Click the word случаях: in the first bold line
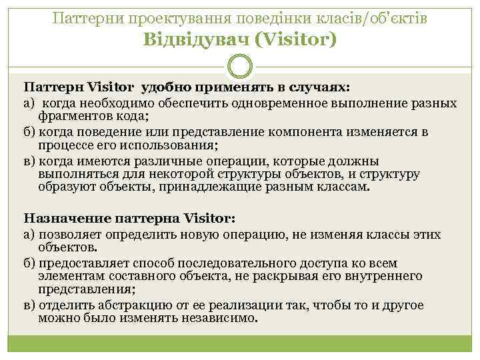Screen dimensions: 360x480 pos(318,87)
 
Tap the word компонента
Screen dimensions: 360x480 pos(315,131)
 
